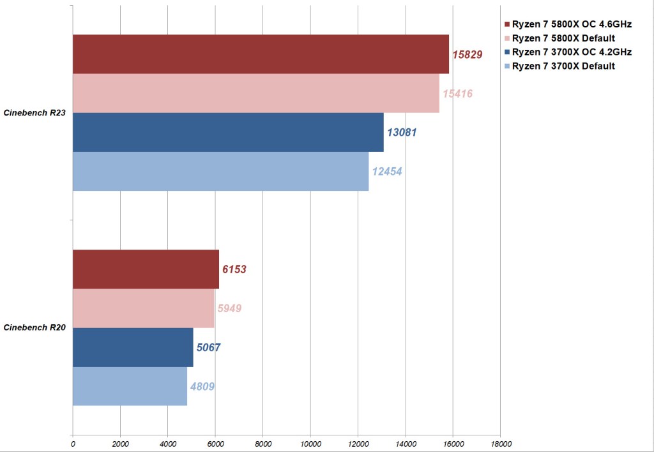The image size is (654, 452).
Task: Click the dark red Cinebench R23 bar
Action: click(x=261, y=54)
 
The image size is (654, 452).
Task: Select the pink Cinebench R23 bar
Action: click(x=255, y=94)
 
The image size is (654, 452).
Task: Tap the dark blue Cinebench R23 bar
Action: click(x=228, y=132)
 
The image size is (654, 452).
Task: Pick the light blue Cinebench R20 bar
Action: click(x=130, y=386)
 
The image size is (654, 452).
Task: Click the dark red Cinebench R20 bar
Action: click(x=146, y=269)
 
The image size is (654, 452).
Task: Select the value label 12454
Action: click(x=386, y=172)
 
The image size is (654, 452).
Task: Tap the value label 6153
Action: click(x=234, y=269)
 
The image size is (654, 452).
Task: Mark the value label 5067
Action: click(x=209, y=347)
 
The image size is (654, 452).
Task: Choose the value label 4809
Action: click(x=202, y=386)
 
